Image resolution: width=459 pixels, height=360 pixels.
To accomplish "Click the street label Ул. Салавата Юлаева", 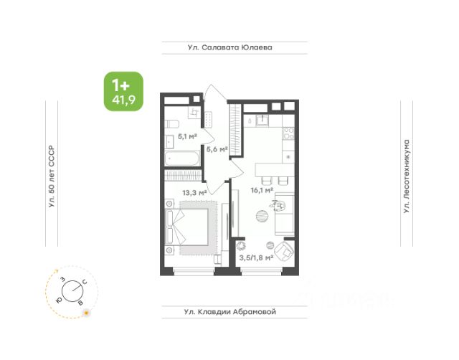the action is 230,47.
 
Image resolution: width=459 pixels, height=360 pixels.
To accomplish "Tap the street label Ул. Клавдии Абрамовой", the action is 230,312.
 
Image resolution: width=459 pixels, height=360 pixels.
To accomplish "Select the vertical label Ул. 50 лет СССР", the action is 52,176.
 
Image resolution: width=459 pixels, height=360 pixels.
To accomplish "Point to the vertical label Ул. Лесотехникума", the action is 407,176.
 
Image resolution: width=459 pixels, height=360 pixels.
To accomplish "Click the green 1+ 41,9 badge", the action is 123,91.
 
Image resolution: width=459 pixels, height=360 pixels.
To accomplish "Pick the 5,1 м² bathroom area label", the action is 187,136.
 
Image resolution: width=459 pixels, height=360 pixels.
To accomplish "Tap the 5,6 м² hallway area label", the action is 217,149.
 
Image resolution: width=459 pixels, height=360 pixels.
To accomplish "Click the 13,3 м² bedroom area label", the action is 194,193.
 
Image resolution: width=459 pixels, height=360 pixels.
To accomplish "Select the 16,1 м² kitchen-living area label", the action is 262,191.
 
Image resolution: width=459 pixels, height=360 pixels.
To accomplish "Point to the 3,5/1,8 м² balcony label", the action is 256,258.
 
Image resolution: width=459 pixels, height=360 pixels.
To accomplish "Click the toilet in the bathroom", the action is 171,124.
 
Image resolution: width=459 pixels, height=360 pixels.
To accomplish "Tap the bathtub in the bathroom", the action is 182,158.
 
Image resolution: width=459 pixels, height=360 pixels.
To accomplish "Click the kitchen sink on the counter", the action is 262,120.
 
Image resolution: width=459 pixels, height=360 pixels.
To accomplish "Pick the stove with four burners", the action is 288,133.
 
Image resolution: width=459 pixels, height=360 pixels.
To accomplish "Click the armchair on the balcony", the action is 283,252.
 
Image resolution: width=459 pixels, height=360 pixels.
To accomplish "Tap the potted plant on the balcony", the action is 241,246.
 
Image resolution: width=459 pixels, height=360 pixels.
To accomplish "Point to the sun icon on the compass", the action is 86,313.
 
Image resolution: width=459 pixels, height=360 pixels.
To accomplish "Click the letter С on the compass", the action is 85,282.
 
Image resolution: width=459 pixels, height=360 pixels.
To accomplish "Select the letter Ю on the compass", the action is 60,300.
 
